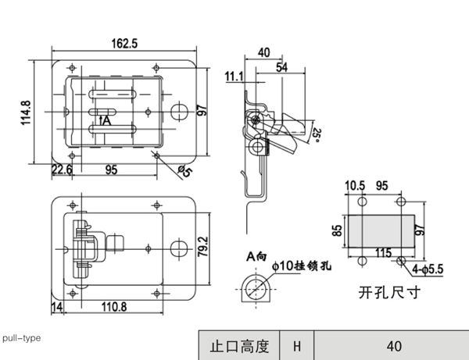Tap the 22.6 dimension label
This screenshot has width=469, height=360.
(x=62, y=169)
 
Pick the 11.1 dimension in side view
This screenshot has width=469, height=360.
(x=234, y=77)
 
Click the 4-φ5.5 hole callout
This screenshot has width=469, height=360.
(x=428, y=269)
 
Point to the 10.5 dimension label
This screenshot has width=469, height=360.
(x=355, y=186)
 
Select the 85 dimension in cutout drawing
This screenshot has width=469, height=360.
(x=335, y=230)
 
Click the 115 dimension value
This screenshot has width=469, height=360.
(x=383, y=252)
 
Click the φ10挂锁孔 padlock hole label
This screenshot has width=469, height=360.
(x=302, y=266)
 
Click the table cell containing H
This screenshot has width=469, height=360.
(x=297, y=345)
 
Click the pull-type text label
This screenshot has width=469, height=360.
(x=22, y=338)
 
